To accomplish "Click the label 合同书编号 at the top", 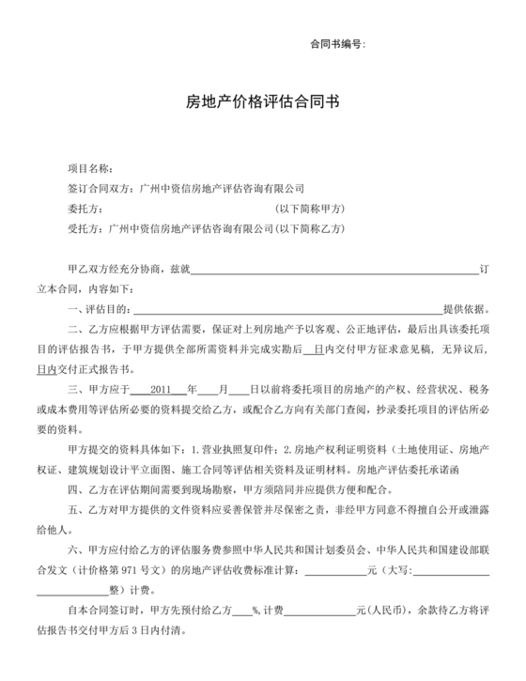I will click(333, 44).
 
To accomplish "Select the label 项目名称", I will click(90, 168).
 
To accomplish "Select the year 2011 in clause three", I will click(164, 387).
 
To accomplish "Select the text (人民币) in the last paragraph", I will click(386, 606).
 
